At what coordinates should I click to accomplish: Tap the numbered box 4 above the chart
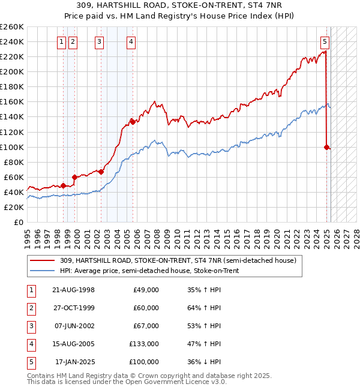click(x=131, y=41)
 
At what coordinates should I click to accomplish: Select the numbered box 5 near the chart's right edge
click(x=325, y=41)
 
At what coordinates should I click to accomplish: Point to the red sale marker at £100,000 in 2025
click(x=326, y=147)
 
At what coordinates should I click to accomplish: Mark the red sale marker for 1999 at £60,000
click(x=75, y=177)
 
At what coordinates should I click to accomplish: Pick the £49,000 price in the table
click(x=146, y=290)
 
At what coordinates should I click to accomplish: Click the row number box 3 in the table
click(x=31, y=326)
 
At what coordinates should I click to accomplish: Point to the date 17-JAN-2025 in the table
click(x=74, y=362)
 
